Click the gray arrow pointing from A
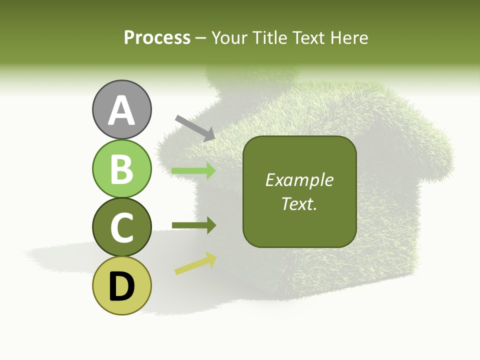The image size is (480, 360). [x=195, y=127]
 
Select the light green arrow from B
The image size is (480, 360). [x=193, y=171]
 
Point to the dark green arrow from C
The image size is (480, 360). [x=193, y=225]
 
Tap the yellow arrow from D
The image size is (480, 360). [x=195, y=264]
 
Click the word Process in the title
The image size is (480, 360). [x=157, y=38]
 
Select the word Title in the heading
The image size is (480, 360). [x=268, y=38]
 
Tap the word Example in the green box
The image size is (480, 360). [x=299, y=180]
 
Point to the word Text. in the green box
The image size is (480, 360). [x=299, y=203]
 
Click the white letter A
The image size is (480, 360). [x=122, y=110]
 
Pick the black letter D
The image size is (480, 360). [x=122, y=286]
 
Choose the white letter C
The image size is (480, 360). [x=122, y=228]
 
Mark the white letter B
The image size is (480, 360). [x=122, y=169]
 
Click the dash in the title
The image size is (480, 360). [x=201, y=38]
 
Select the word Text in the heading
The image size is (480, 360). [x=307, y=38]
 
